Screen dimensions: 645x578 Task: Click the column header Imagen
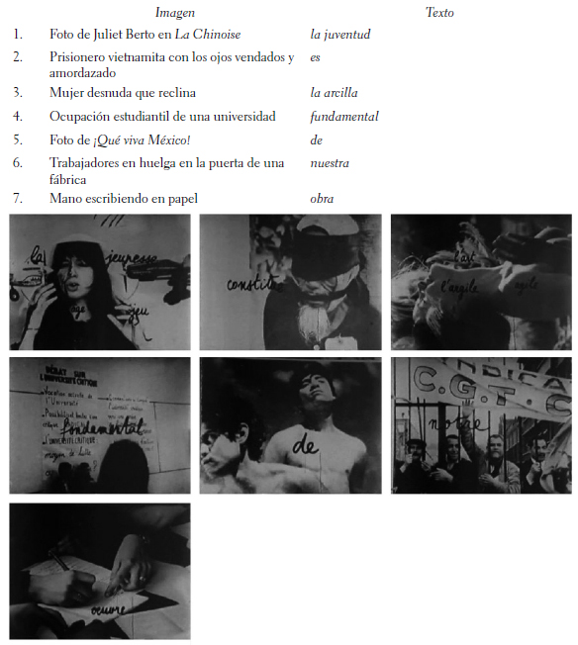pos(175,13)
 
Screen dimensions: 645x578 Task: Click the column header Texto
pos(439,13)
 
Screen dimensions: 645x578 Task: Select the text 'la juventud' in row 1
pos(339,34)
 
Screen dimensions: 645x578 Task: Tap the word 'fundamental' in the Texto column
pos(344,117)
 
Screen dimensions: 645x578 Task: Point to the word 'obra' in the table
pos(322,199)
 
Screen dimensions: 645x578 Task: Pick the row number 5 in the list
pos(17,139)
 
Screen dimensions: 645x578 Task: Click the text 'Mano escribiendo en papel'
pos(124,199)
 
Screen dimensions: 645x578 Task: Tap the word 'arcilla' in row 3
pos(341,93)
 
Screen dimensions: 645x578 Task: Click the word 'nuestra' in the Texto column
pos(330,162)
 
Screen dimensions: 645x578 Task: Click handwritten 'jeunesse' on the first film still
pos(133,260)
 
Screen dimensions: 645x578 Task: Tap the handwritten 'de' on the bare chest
pos(305,447)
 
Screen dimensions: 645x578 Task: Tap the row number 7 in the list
pos(17,199)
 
